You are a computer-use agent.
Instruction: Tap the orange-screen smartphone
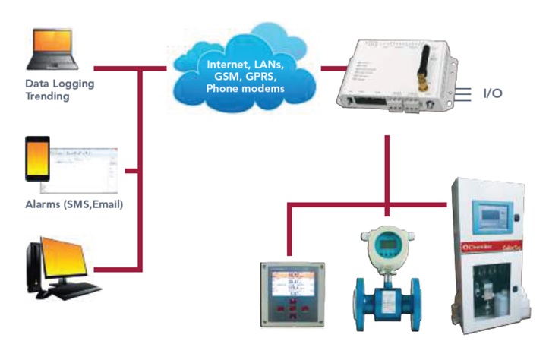(x=37, y=159)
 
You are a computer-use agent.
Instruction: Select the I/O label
(x=493, y=94)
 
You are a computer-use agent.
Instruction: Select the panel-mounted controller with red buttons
(x=293, y=292)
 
